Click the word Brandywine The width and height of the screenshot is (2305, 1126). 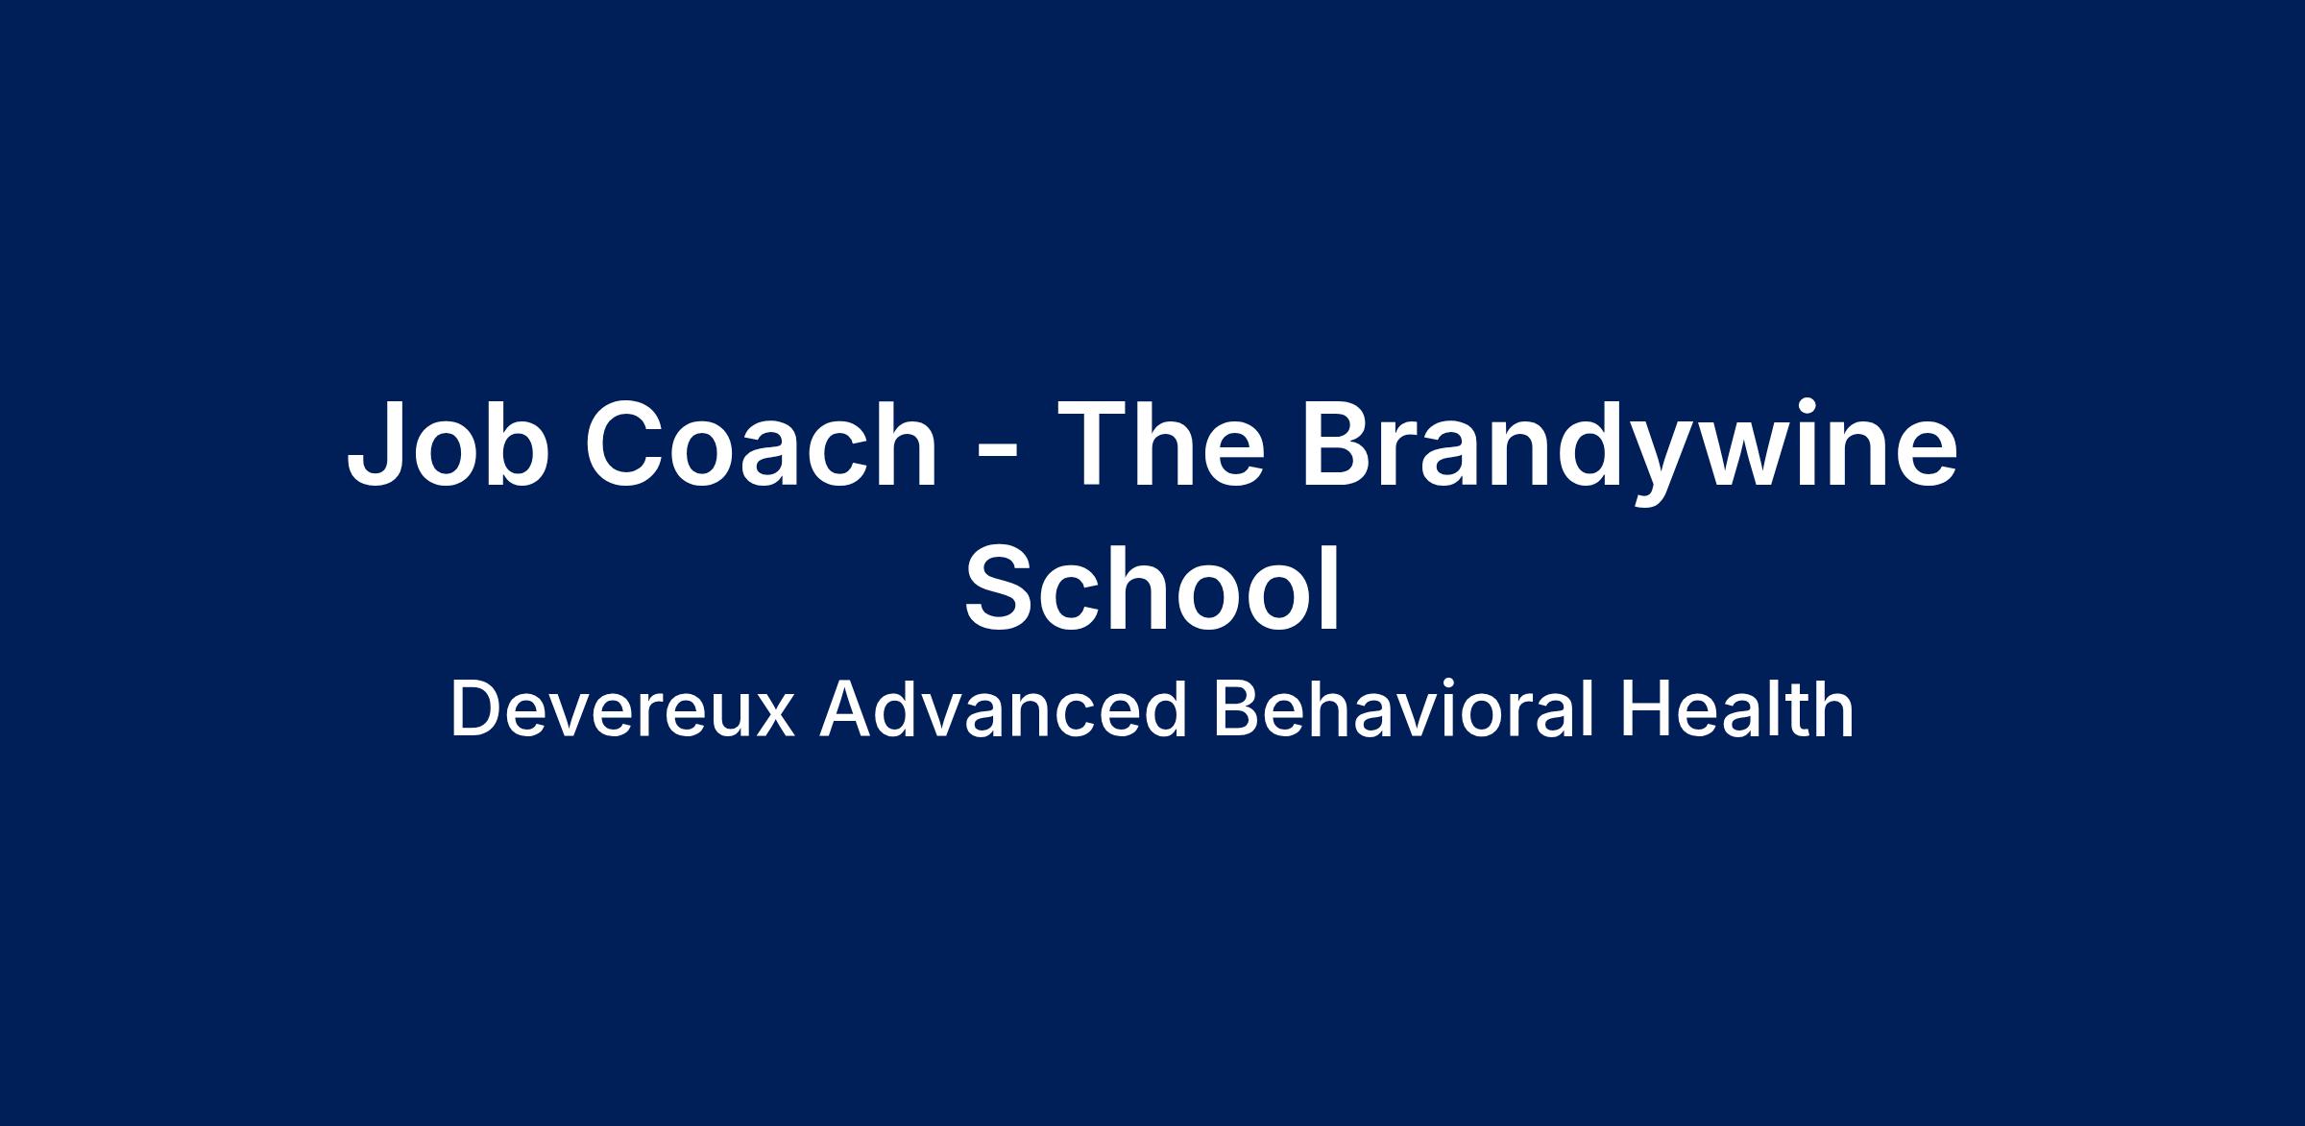pyautogui.click(x=1629, y=451)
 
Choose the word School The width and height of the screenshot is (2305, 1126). pyautogui.click(x=1152, y=587)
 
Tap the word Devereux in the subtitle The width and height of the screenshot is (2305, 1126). pyautogui.click(x=622, y=710)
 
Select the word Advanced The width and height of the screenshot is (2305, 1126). pyautogui.click(x=1004, y=710)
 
